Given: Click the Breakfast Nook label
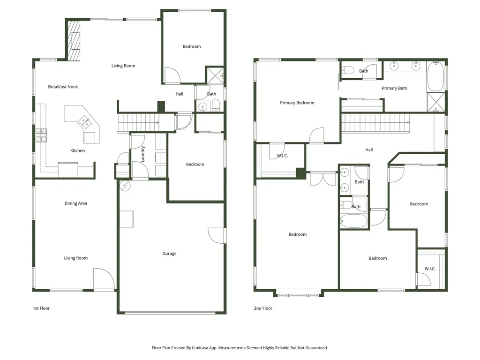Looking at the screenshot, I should click(x=63, y=87).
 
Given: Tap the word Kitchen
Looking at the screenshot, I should click(x=77, y=150).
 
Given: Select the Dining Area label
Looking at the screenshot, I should click(x=75, y=203).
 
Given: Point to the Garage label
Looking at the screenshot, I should click(x=169, y=254).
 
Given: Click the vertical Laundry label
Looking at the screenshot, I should click(x=143, y=153).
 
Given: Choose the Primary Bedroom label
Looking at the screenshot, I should click(x=297, y=103).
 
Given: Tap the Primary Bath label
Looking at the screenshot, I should click(x=394, y=88).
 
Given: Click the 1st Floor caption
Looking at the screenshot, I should click(x=41, y=308).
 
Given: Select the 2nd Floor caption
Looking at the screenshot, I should click(x=263, y=308).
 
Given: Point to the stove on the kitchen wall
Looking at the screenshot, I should click(x=40, y=135).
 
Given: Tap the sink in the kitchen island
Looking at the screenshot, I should click(x=86, y=122).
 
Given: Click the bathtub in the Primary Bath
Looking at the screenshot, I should click(x=435, y=77).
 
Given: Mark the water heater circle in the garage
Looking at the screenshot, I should click(x=125, y=186).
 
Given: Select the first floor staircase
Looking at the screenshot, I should click(x=139, y=123).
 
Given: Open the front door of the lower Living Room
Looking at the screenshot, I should click(x=104, y=280).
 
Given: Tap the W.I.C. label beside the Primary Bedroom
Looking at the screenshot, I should click(x=282, y=156).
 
